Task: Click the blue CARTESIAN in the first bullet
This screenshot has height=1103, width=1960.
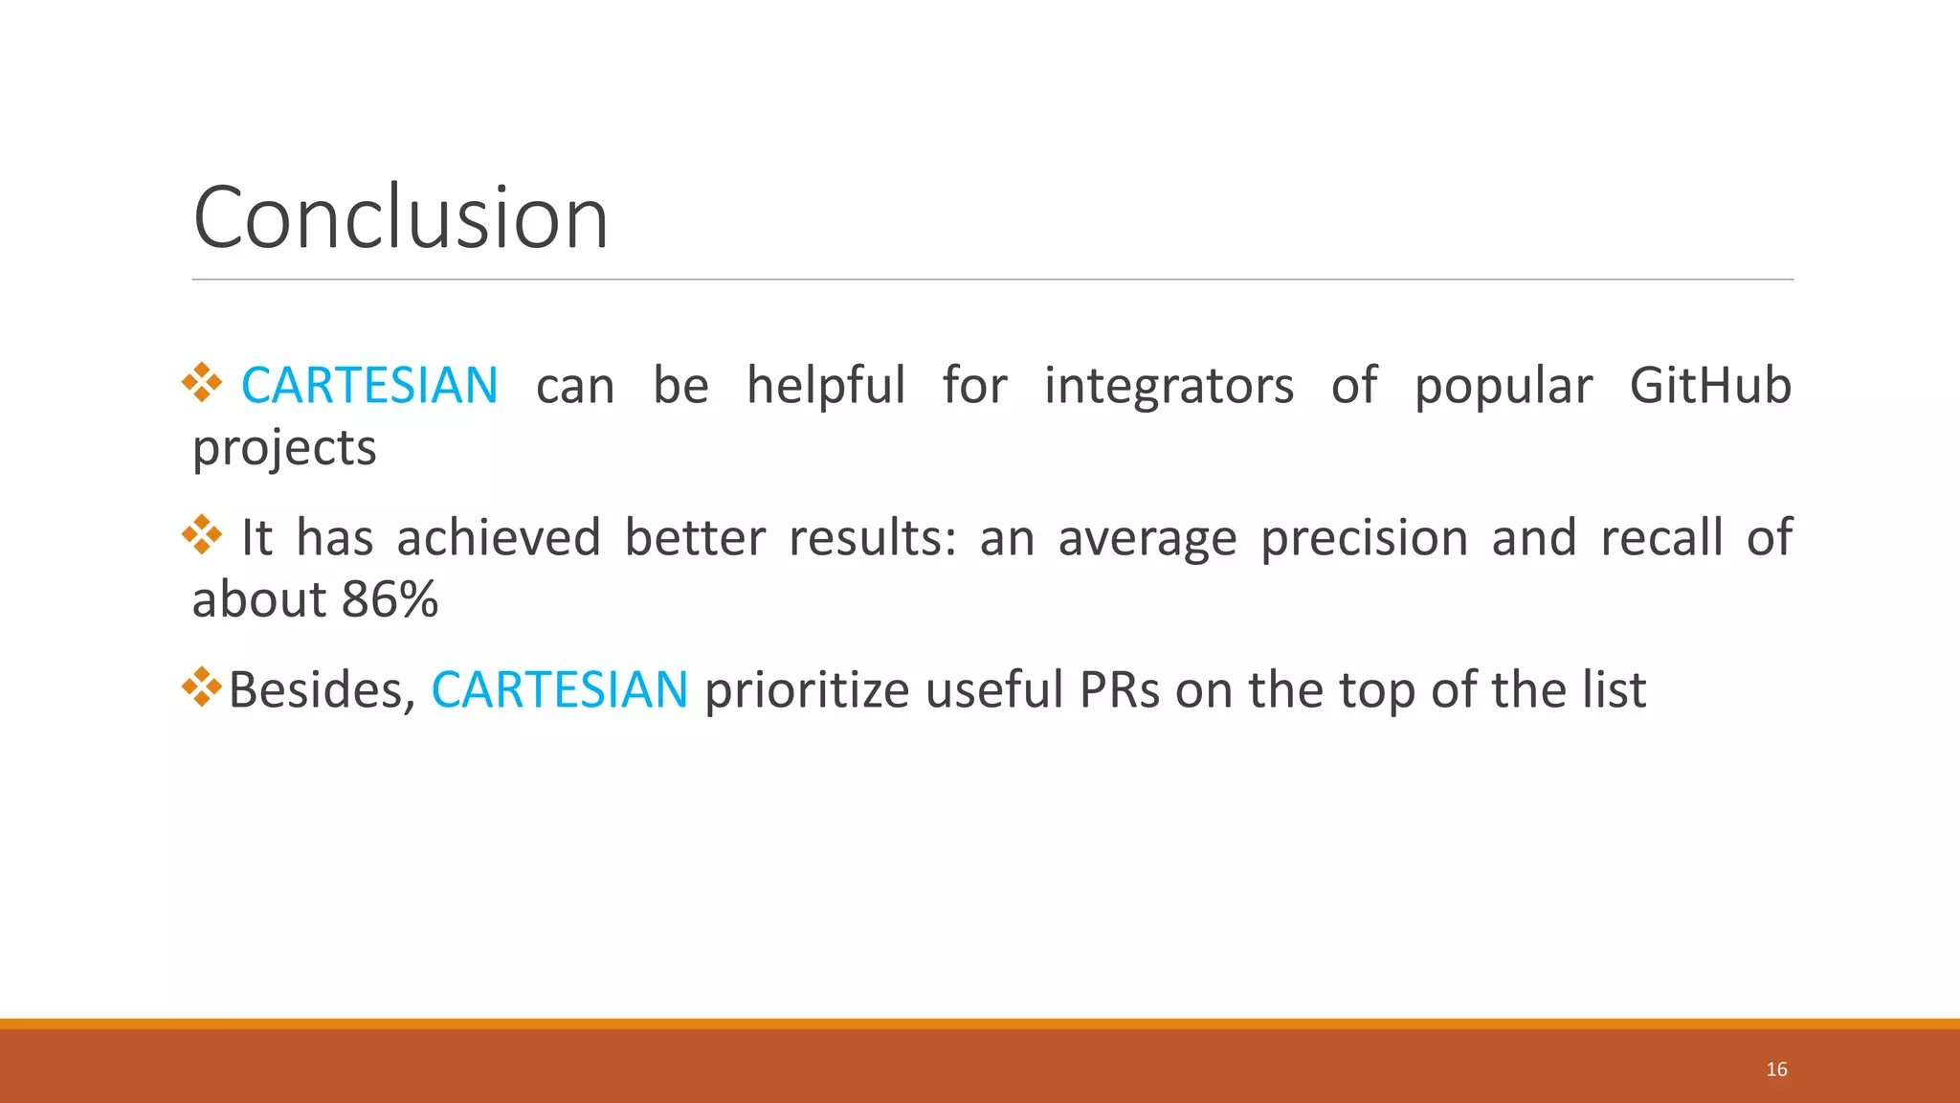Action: [369, 386]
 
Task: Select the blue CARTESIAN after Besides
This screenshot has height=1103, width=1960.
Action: [559, 689]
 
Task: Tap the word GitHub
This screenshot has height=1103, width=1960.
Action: [1710, 386]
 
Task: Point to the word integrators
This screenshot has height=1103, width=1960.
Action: [1169, 386]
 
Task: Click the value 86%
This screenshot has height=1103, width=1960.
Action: [390, 600]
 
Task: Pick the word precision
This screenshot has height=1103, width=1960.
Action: [1364, 538]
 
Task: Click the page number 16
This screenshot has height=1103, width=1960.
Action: [1776, 1069]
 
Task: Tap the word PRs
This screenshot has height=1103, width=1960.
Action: [1119, 689]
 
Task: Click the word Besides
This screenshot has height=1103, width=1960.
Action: [323, 689]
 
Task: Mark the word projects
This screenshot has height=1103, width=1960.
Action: [284, 448]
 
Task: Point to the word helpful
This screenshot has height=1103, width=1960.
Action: [826, 386]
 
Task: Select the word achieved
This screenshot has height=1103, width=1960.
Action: [499, 538]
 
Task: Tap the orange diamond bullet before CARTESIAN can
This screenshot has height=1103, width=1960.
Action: [202, 383]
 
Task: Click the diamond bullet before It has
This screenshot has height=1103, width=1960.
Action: [202, 534]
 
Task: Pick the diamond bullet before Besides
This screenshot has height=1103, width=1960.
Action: [202, 687]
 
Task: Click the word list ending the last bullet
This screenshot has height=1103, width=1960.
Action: [1615, 689]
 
